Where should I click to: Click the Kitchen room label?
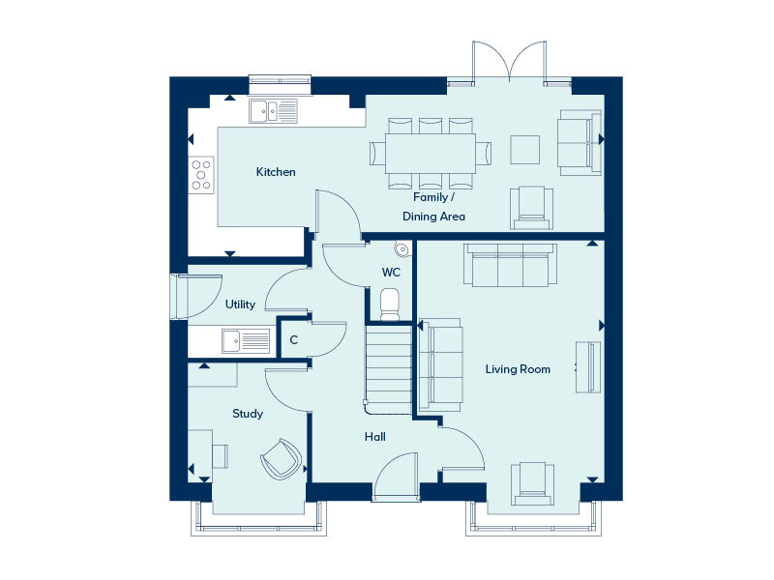click(x=276, y=172)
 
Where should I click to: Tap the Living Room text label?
click(x=519, y=369)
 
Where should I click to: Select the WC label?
click(x=391, y=273)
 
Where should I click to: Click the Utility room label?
click(x=240, y=304)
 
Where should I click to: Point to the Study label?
click(x=248, y=414)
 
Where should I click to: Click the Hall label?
click(x=375, y=437)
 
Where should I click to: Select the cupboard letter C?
click(x=293, y=340)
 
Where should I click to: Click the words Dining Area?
click(x=433, y=217)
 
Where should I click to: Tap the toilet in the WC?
click(x=391, y=303)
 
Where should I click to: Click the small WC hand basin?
click(x=402, y=249)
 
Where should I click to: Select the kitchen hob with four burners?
click(x=201, y=174)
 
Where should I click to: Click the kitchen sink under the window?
click(x=274, y=112)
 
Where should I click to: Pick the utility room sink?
click(x=244, y=340)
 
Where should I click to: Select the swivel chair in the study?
click(x=281, y=458)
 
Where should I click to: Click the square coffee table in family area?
click(x=525, y=149)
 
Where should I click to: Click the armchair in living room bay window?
click(x=534, y=481)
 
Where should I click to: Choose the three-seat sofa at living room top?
click(x=509, y=265)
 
